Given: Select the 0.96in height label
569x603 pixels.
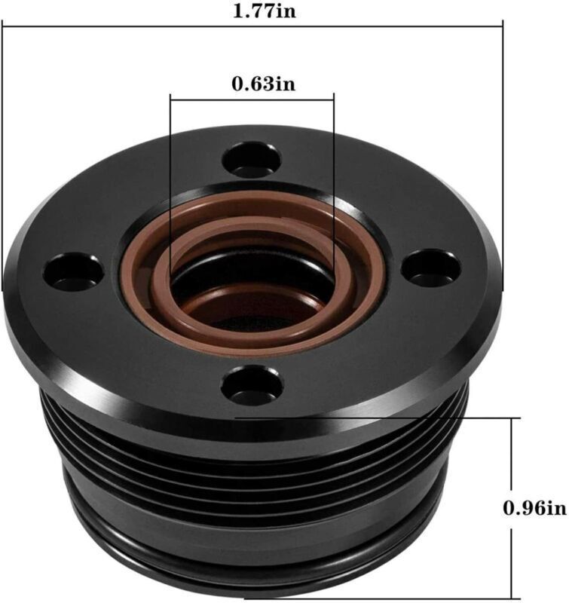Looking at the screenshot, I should [x=534, y=507].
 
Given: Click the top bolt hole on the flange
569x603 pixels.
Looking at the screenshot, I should [x=252, y=160].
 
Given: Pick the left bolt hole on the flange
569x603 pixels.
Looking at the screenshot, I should [x=72, y=272].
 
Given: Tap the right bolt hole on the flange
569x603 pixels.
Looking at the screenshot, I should [x=430, y=267].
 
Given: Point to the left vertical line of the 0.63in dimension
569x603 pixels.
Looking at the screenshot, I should [x=171, y=188].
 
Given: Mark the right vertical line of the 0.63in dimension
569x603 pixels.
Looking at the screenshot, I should [x=334, y=188].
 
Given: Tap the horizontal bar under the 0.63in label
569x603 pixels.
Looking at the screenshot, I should [x=252, y=96].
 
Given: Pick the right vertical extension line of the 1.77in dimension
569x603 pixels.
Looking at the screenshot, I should [x=502, y=151].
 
